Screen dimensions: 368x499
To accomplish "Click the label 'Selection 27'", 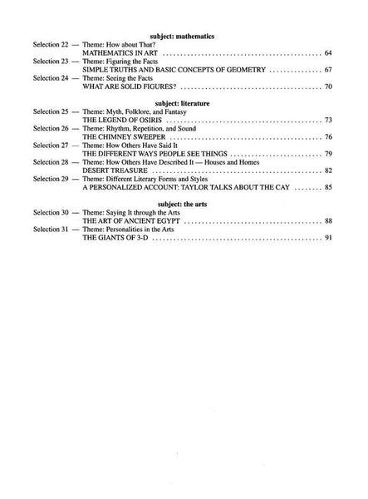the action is (x=53, y=145).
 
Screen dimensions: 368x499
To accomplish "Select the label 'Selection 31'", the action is (x=53, y=229).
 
